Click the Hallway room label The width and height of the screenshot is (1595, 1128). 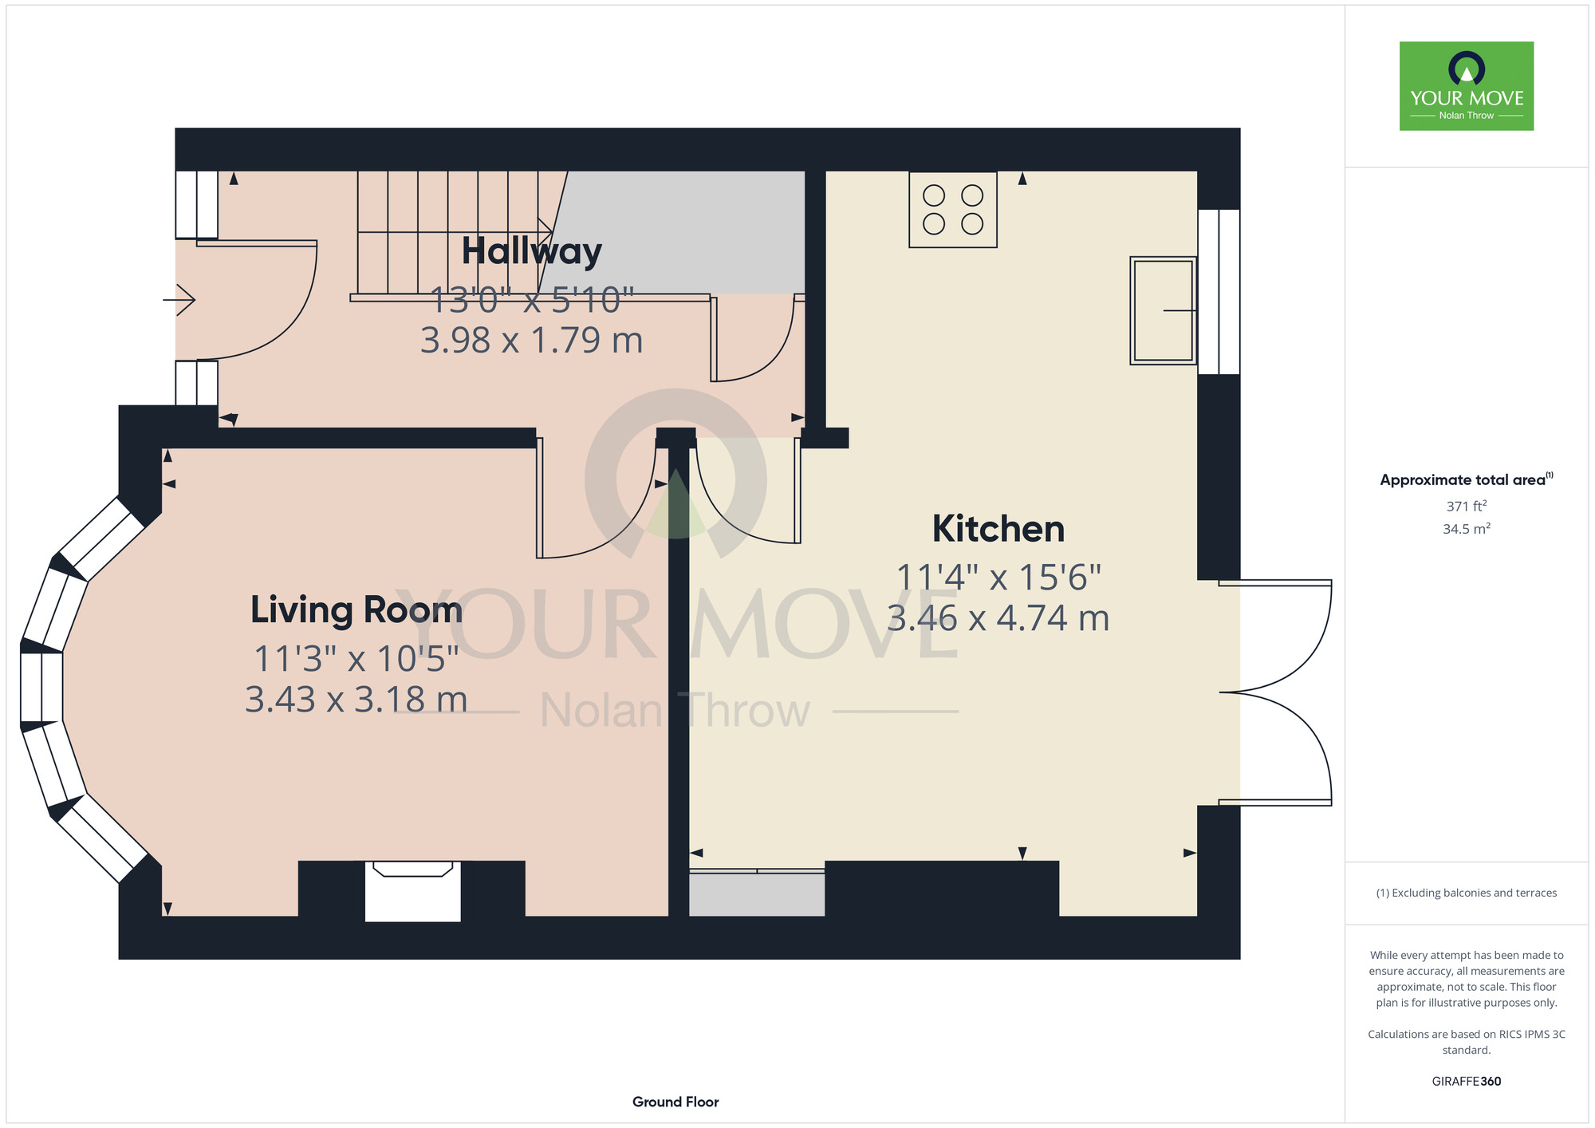[x=531, y=252]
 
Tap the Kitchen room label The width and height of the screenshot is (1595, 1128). [x=998, y=529]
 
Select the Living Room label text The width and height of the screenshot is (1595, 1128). [x=356, y=610]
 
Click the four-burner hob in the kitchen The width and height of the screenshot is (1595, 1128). [x=953, y=210]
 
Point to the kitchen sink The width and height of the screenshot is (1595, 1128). [x=1164, y=310]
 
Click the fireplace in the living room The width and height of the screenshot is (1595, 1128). [x=413, y=891]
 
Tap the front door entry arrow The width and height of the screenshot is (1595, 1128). [x=179, y=300]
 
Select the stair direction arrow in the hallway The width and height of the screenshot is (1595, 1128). [x=455, y=232]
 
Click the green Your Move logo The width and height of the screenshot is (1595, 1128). [x=1467, y=86]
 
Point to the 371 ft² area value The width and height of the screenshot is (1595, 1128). [x=1467, y=506]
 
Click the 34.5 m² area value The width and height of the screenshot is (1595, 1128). [x=1467, y=529]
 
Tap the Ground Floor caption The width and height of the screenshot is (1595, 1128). [x=675, y=1102]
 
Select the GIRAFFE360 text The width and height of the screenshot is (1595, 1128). [x=1467, y=1082]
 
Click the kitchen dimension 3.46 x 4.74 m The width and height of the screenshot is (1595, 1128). [x=998, y=618]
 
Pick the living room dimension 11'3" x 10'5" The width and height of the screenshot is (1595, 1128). [x=356, y=659]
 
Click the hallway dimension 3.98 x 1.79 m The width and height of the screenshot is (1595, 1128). [x=531, y=341]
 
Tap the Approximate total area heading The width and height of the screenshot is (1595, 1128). [x=1467, y=479]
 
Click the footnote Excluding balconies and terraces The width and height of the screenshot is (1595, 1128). [x=1467, y=893]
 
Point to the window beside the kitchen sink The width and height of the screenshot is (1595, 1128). [x=1219, y=292]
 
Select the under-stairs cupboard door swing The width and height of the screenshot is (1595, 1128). [x=754, y=339]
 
